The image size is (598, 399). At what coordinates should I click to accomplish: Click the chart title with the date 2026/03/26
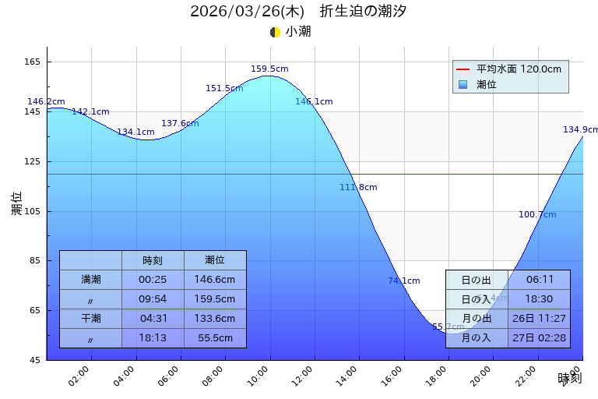pos(298,12)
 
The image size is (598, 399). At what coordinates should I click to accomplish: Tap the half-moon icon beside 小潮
pos(275,32)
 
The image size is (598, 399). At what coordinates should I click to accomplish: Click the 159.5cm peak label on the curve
pos(269,69)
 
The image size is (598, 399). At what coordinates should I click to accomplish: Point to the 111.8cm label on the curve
pos(358,187)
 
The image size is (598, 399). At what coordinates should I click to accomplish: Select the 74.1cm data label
pos(404,281)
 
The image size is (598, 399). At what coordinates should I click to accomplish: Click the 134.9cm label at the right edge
pos(580,130)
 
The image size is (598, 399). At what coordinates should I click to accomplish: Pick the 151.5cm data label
pos(224,89)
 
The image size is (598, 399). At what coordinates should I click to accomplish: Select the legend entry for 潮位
pos(487,84)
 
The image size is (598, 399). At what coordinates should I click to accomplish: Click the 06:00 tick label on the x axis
pos(169,376)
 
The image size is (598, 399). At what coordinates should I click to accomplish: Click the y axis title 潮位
pos(17,203)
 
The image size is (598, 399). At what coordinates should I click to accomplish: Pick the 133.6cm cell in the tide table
pos(215,319)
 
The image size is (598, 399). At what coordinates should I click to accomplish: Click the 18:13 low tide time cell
pos(153,338)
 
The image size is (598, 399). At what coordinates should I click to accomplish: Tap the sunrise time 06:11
pos(540,280)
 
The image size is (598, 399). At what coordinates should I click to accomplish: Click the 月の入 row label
pos(477,338)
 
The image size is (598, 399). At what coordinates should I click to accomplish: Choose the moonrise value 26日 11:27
pos(540,319)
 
